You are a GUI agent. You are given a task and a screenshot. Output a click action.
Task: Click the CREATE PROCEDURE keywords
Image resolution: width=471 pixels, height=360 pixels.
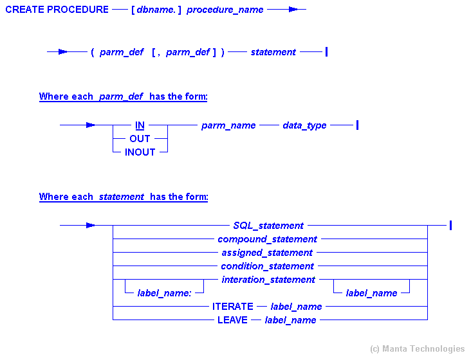pos(57,10)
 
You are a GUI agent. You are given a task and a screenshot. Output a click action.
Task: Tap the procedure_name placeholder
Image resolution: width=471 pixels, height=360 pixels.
pos(225,10)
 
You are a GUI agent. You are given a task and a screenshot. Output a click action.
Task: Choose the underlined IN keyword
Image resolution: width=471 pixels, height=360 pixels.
pos(140,125)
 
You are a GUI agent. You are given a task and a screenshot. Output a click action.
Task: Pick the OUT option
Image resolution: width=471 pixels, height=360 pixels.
pos(140,139)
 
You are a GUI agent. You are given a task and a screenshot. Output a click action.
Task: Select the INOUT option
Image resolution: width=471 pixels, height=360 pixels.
pos(140,152)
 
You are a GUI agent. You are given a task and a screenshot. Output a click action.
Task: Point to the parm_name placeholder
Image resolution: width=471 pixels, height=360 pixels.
pos(228,125)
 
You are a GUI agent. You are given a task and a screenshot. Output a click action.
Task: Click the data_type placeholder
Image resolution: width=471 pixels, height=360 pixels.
pos(304,125)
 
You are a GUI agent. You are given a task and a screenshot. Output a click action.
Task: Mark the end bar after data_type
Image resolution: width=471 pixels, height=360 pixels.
pos(357,125)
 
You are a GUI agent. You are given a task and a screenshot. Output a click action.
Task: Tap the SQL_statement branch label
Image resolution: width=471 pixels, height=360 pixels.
pos(268,226)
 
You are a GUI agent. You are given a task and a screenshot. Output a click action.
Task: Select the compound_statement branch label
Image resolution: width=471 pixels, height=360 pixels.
pos(267,239)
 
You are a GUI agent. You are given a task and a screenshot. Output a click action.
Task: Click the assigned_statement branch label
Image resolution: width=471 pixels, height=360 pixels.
pos(267,253)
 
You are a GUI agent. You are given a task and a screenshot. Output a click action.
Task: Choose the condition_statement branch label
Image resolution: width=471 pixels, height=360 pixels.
pos(267,266)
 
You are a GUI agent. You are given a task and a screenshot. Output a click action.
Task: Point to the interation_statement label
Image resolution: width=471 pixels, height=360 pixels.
pos(268,280)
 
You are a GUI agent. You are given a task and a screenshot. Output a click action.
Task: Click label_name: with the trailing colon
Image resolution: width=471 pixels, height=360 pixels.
pos(164,293)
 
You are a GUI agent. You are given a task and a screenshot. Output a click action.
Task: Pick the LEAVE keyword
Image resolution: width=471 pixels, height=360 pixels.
pos(232,320)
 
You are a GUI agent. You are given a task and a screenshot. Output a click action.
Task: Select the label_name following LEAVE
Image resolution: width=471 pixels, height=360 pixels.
pos(290,320)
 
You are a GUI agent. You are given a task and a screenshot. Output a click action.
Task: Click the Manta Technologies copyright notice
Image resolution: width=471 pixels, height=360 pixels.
pos(417,349)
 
